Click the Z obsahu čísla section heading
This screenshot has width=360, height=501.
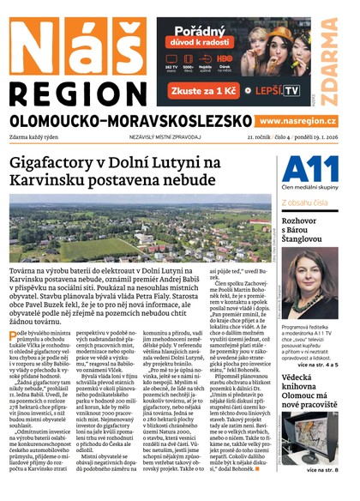(309, 202)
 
